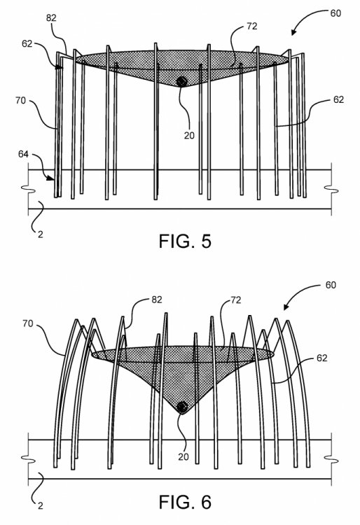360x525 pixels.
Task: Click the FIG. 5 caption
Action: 185,241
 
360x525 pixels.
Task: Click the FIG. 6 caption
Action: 185,502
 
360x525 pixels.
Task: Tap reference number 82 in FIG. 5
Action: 51,17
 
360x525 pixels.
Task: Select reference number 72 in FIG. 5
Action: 252,26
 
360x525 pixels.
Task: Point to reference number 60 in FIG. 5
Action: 335,13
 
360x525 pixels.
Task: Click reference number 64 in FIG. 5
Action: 23,155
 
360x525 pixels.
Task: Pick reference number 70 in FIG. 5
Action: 20,100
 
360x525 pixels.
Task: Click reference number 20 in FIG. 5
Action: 189,135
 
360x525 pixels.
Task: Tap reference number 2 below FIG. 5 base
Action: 40,234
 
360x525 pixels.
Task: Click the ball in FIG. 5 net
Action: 182,81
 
